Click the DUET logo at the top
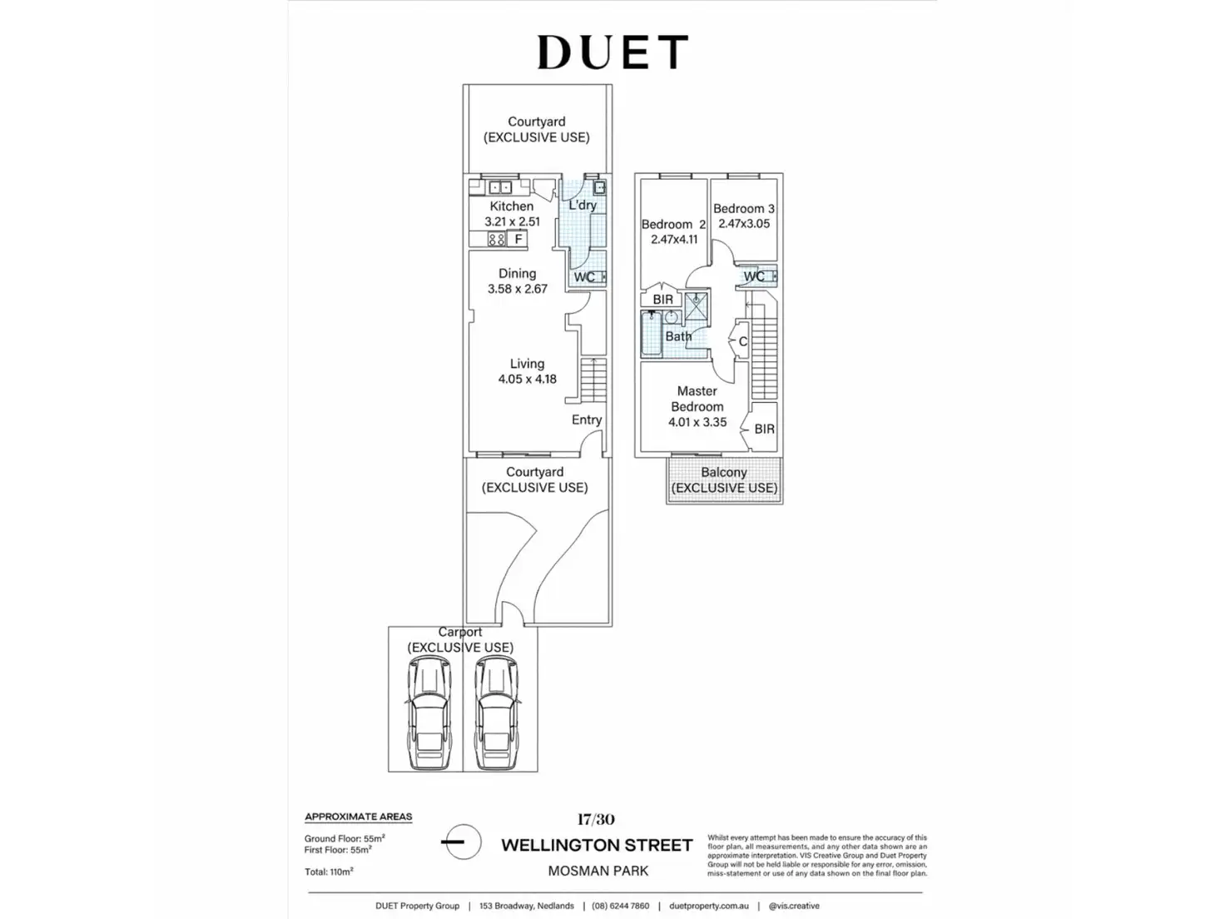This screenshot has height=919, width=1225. tap(612, 52)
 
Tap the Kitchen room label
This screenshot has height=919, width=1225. tap(511, 206)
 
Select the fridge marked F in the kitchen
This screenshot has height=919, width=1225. tap(518, 240)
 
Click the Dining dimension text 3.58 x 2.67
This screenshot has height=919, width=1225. tap(518, 289)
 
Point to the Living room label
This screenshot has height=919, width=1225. tap(527, 364)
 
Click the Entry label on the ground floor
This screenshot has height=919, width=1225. tap(586, 420)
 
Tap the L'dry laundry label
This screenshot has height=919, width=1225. tap(583, 205)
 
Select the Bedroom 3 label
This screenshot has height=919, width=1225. tap(743, 209)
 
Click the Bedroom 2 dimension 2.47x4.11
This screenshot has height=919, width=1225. tap(674, 240)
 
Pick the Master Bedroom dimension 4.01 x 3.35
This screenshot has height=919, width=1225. tap(697, 422)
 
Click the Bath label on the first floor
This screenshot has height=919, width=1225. tap(678, 336)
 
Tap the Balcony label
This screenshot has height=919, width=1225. tap(724, 472)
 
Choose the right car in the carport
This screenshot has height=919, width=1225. tap(497, 713)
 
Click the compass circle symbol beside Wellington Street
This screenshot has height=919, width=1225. tap(461, 842)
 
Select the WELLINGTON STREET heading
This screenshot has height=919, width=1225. tap(597, 846)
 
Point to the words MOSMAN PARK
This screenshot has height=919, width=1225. tap(598, 872)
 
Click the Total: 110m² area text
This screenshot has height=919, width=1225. tap(329, 872)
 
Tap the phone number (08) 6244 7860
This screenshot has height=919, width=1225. tap(620, 906)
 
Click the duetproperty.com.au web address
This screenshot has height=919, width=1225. tap(709, 906)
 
